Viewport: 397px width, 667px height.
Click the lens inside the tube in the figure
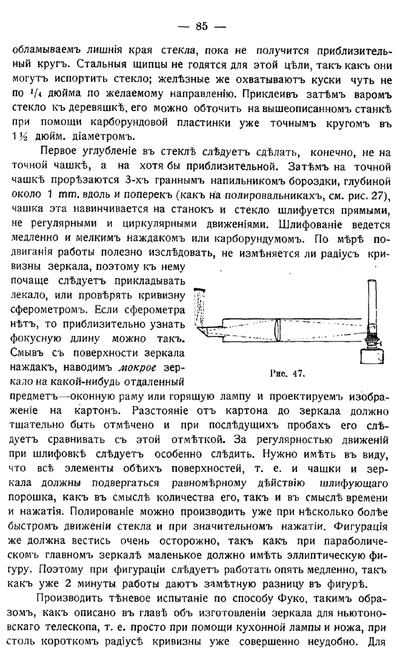(277, 330)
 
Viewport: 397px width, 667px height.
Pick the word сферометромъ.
(46, 309)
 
